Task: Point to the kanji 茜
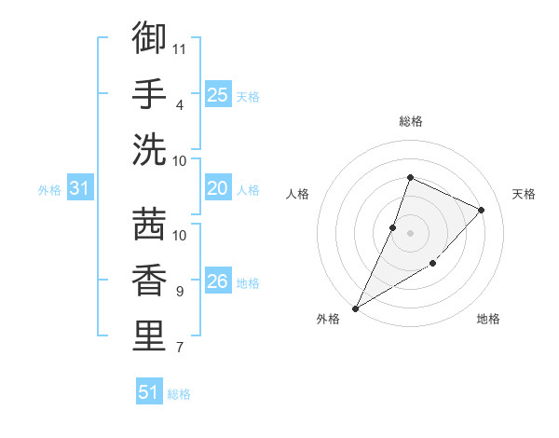click(149, 225)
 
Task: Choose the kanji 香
click(149, 281)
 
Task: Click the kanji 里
click(149, 336)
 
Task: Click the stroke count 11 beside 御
click(181, 48)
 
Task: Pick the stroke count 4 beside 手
click(179, 104)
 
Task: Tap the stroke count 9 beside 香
click(179, 292)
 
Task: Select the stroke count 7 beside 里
click(179, 348)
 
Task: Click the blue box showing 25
click(218, 94)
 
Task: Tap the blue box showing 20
click(218, 188)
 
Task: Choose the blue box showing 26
click(218, 281)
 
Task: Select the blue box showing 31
click(79, 188)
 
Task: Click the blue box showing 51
click(149, 392)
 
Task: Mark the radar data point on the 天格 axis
click(482, 210)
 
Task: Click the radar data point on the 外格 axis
click(355, 308)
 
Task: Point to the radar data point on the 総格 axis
click(410, 178)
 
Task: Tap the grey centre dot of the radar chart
click(410, 233)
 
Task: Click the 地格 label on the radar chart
click(488, 319)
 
